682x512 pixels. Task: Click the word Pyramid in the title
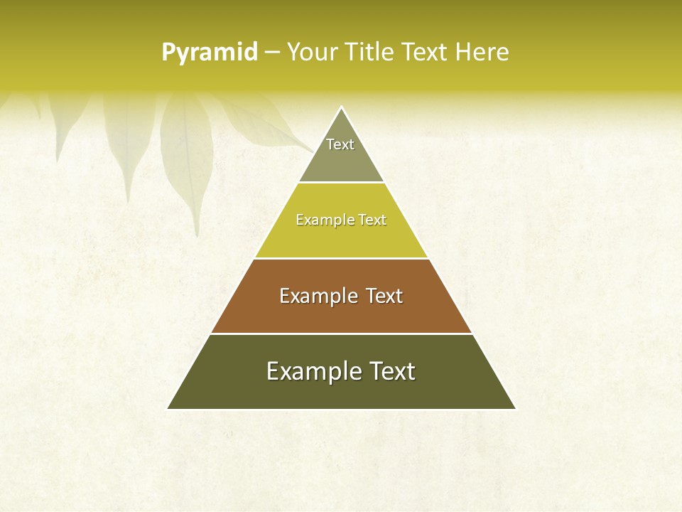tap(210, 53)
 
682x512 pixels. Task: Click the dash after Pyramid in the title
tap(271, 53)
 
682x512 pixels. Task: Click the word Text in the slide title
tap(425, 52)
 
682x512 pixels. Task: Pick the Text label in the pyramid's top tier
tap(340, 144)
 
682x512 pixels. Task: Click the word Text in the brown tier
tap(384, 296)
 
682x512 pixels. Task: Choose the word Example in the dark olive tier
tap(309, 371)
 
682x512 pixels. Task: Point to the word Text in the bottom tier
tap(392, 371)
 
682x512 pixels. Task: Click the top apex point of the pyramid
tap(341, 107)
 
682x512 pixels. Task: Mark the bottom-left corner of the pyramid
tap(168, 409)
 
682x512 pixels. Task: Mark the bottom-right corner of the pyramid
tap(515, 409)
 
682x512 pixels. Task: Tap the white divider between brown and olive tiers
tap(341, 334)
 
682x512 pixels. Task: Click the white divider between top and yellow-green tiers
tap(341, 182)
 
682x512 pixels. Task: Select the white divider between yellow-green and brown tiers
tap(341, 258)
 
